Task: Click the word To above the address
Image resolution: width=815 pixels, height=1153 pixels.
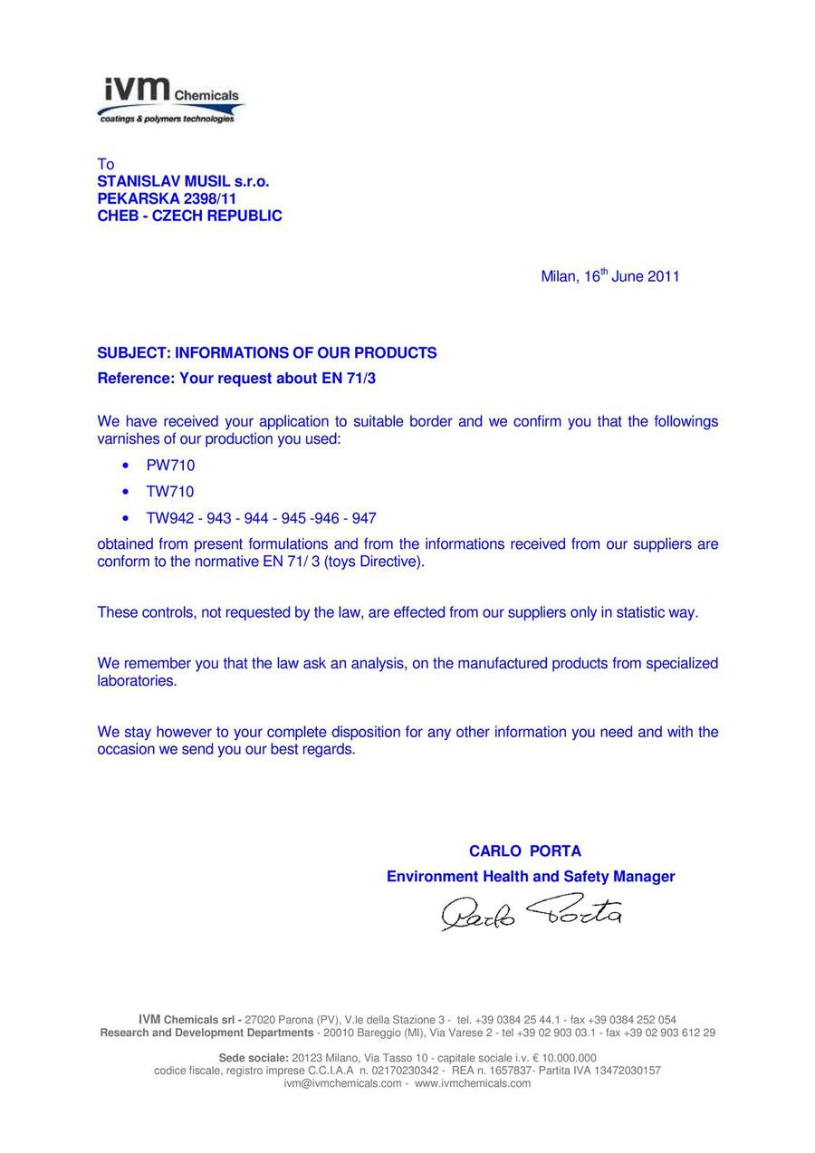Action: tap(106, 164)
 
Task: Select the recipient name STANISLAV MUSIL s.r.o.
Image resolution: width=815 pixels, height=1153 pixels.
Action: tap(183, 181)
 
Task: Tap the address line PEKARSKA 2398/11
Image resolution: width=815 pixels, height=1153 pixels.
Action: tap(168, 198)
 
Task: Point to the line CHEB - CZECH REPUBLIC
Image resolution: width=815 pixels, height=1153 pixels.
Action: tap(189, 216)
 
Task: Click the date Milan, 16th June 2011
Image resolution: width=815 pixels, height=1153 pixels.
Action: tap(609, 276)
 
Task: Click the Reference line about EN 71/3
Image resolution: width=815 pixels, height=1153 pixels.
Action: tap(236, 378)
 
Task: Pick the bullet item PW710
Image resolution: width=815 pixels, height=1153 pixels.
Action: tap(170, 466)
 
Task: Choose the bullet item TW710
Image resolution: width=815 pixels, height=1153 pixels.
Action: tap(170, 492)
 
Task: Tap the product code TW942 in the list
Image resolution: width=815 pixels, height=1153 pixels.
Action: tap(168, 518)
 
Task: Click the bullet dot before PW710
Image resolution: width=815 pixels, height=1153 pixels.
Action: tap(125, 466)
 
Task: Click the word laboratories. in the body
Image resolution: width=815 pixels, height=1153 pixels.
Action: tap(137, 680)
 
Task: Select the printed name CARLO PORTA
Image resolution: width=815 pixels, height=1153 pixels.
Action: tap(524, 850)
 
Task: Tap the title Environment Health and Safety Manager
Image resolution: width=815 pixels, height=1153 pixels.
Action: tap(530, 876)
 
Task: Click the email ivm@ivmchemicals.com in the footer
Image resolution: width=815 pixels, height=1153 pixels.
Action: tap(342, 1083)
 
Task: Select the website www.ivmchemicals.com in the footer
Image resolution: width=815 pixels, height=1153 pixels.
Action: tap(473, 1083)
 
